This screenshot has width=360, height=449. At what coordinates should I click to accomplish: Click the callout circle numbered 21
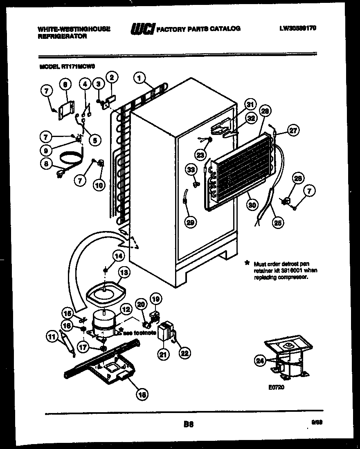click(x=164, y=355)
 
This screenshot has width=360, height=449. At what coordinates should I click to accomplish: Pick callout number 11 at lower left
click(x=51, y=337)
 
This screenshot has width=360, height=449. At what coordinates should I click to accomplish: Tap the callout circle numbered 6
click(x=64, y=85)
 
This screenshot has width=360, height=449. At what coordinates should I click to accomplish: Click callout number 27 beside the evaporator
click(x=293, y=130)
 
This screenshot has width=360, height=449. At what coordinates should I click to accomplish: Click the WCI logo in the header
click(x=142, y=29)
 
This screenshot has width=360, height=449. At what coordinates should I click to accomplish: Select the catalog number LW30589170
click(x=298, y=29)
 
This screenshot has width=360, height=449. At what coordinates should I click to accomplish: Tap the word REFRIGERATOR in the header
click(x=62, y=36)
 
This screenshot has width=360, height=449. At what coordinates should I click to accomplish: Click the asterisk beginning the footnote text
click(x=247, y=263)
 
